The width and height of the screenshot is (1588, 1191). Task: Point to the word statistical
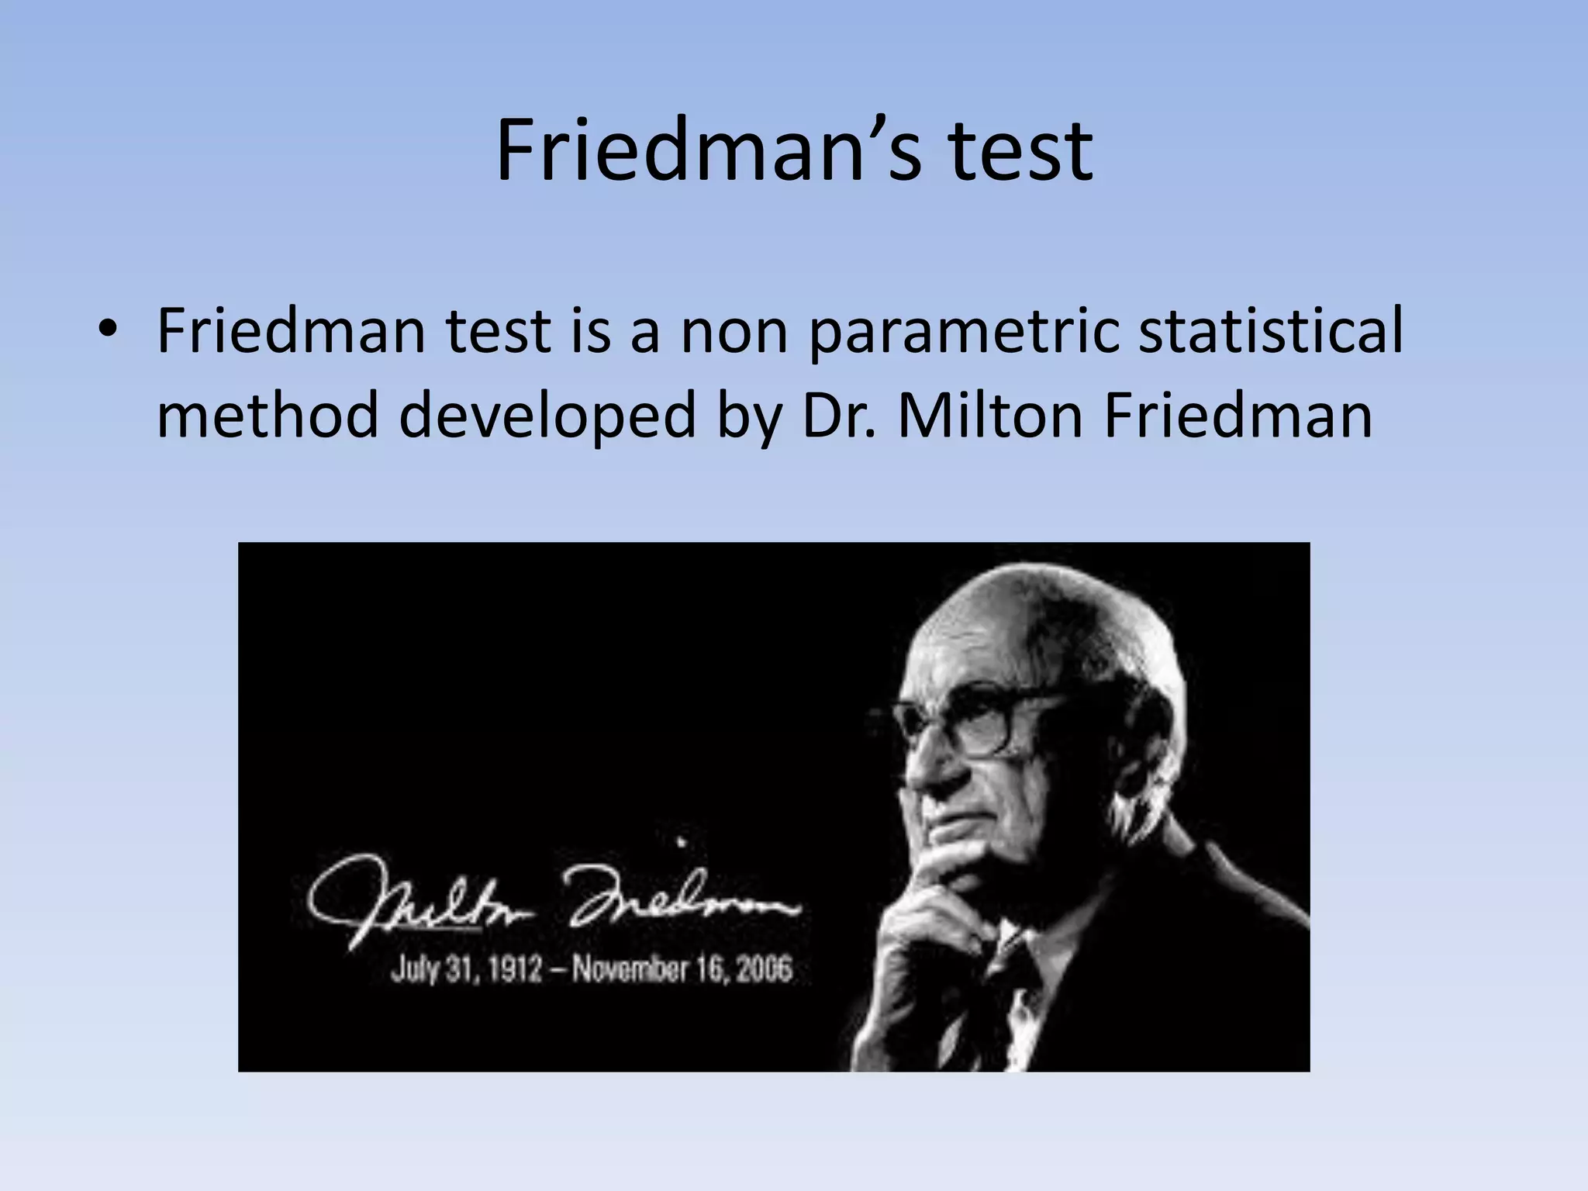click(x=1272, y=331)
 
